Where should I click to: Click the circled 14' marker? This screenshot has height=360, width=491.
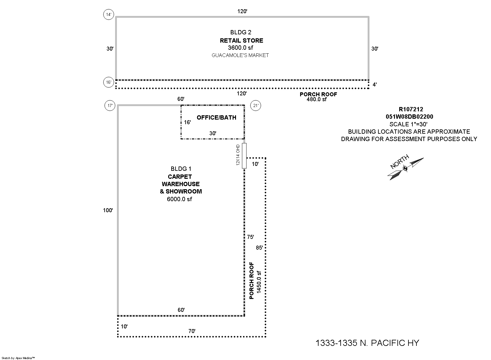tap(109, 14)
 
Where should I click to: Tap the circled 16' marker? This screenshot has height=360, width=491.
tap(109, 82)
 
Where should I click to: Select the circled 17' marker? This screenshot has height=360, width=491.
tap(109, 106)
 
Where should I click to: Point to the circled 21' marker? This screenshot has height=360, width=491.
tap(256, 106)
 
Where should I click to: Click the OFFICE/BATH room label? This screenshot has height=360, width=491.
tap(216, 117)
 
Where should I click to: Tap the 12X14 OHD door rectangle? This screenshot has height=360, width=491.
tap(244, 155)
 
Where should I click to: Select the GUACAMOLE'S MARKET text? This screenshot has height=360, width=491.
tap(240, 55)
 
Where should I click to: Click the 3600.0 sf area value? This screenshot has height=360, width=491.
tap(241, 48)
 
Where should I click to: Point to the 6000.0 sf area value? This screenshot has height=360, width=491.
tap(180, 199)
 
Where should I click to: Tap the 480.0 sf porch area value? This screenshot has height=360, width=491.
tap(317, 99)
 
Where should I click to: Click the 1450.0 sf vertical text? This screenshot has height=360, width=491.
tap(259, 282)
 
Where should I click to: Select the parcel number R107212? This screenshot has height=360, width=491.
tap(411, 109)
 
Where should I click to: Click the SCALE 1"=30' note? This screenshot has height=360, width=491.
tap(408, 124)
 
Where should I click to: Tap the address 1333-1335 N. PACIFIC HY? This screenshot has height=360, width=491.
tap(367, 343)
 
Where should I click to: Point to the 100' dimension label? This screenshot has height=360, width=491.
tap(108, 210)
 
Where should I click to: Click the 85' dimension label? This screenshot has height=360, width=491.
tap(259, 248)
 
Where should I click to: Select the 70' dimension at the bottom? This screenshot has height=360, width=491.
tap(192, 331)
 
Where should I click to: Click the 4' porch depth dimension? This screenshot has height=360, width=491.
tap(375, 85)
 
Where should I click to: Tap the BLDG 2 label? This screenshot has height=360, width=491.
tap(241, 32)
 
